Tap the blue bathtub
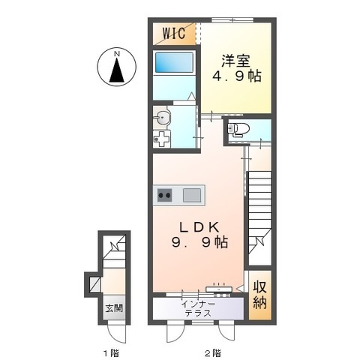pyautogui.click(x=175, y=61)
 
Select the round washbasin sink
pyautogui.click(x=161, y=117)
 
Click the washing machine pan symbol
pyautogui.click(x=162, y=139)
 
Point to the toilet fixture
pyautogui.click(x=238, y=130)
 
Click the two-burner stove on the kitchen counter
pyautogui.click(x=164, y=195)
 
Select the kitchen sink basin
pyautogui.click(x=192, y=195)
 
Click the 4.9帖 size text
pyautogui.click(x=237, y=76)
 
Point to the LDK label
pyautogui.click(x=199, y=227)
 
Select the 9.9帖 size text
pyautogui.click(x=199, y=242)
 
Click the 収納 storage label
pyautogui.click(x=260, y=295)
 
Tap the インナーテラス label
pyautogui.click(x=198, y=308)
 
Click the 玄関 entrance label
pyautogui.click(x=114, y=308)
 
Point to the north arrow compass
pyautogui.click(x=117, y=67)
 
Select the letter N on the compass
pyautogui.click(x=117, y=53)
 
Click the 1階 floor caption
pyautogui.click(x=112, y=353)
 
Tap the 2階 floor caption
pyautogui.click(x=213, y=353)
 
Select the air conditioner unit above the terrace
pyautogui.click(x=219, y=289)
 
